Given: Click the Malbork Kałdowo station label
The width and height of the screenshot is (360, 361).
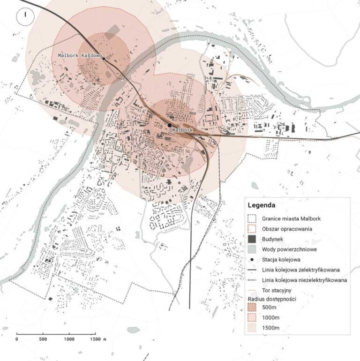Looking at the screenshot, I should click(x=80, y=55).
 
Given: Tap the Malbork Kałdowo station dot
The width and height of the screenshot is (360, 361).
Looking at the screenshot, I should click(x=104, y=59).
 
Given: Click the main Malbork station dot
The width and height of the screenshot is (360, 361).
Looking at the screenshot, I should click(x=169, y=125).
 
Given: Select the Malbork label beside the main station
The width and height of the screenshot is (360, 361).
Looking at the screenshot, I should click(x=183, y=129).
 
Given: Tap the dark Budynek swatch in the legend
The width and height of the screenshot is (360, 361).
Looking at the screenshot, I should click(x=252, y=239).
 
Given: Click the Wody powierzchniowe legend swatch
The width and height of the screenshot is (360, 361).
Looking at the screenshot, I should click(x=252, y=249).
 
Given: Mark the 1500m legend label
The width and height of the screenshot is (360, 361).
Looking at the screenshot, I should click(x=271, y=328).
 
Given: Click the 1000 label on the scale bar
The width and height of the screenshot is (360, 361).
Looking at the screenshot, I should click(x=69, y=338).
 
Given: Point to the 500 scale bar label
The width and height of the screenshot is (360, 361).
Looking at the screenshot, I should click(x=43, y=338).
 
